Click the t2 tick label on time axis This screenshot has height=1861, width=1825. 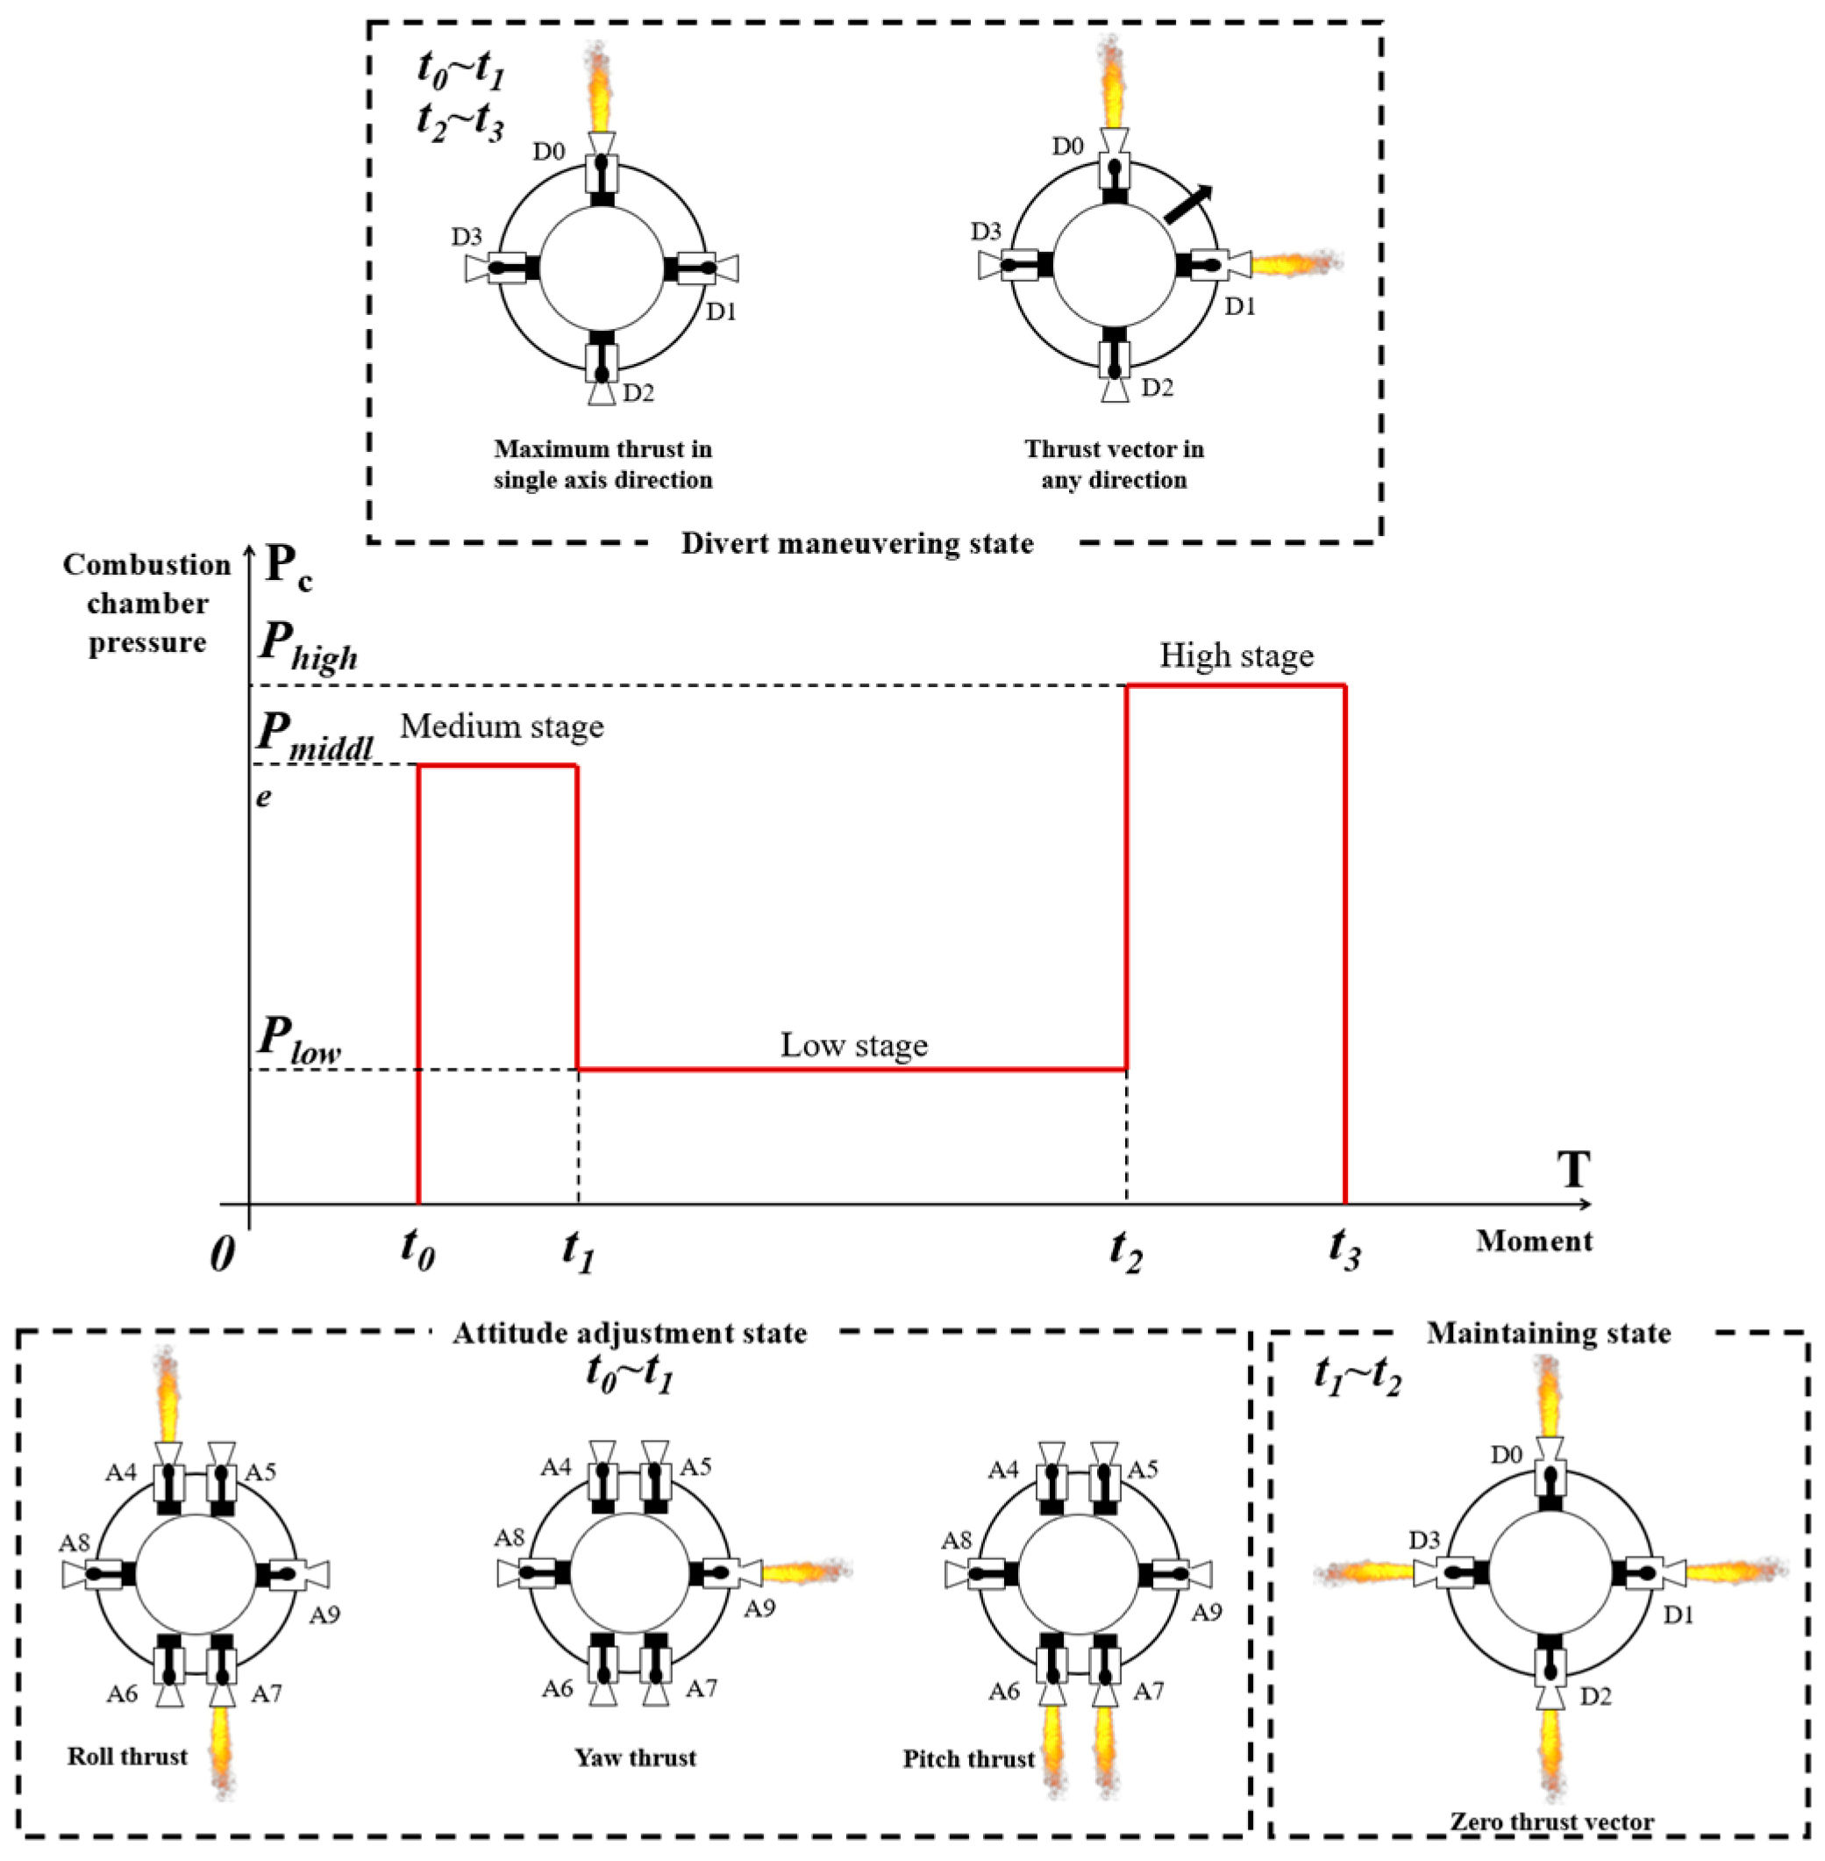[1125, 1249]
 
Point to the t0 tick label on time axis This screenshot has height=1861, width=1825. [418, 1249]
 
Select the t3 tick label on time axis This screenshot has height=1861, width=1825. [1344, 1249]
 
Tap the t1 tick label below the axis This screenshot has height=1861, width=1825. [578, 1249]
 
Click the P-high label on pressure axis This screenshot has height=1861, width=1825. [307, 647]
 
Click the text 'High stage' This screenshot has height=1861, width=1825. [1236, 655]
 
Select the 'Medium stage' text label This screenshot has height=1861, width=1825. [502, 727]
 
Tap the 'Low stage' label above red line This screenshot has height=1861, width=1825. [853, 1045]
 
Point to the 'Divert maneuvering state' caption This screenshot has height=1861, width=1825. [857, 545]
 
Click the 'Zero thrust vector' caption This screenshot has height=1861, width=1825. [1551, 1822]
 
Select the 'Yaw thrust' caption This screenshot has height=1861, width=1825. [635, 1757]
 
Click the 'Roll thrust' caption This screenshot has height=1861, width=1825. [127, 1757]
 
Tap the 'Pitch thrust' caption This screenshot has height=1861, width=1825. [968, 1758]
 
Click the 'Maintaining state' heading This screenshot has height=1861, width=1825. [1548, 1334]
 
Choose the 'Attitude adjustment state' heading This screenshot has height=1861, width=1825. [630, 1334]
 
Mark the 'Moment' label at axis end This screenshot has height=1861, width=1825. [1533, 1242]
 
